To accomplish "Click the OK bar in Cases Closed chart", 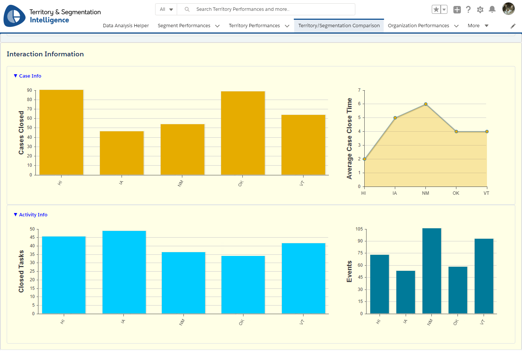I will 243,133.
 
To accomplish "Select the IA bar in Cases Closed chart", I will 122,153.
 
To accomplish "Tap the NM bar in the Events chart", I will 432,271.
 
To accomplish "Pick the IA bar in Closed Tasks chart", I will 124,272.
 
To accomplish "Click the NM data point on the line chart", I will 426,104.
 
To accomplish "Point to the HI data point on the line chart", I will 365,159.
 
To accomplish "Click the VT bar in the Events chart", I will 484,276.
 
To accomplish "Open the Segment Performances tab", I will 184,26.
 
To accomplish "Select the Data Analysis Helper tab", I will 126,26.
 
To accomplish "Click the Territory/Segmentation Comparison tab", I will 339,26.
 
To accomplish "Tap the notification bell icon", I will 492,9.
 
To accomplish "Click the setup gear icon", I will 480,10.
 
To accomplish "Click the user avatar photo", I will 508,9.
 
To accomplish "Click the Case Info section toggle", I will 28,76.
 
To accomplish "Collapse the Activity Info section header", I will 31,215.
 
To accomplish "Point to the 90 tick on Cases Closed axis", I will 29,90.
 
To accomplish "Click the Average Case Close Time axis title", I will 349,138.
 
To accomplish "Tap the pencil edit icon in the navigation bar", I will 513,26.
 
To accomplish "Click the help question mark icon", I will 468,9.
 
